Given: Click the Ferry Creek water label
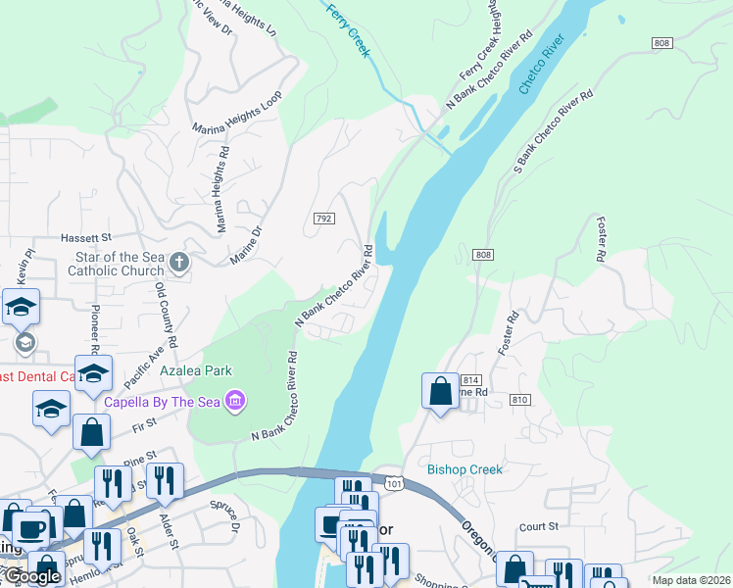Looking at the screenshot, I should tap(349, 28).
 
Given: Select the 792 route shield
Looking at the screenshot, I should tap(324, 218).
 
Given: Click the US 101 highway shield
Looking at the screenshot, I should tap(394, 483).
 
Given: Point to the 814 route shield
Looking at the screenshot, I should tap(470, 379).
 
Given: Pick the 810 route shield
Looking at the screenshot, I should tap(519, 400).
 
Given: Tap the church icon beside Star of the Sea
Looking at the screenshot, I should tap(177, 262).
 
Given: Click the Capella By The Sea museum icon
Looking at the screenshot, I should tap(234, 400).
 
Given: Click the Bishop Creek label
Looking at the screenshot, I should tap(464, 469).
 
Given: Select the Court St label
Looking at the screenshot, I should tap(539, 526).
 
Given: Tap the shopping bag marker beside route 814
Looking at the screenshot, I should tap(440, 391).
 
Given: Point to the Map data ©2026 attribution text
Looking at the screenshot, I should tap(690, 580).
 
